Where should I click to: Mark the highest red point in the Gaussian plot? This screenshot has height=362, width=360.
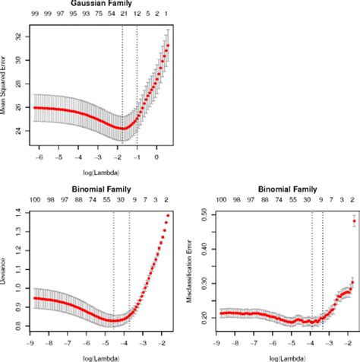point(168,45)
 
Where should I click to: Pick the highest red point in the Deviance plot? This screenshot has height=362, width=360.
point(168,216)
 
